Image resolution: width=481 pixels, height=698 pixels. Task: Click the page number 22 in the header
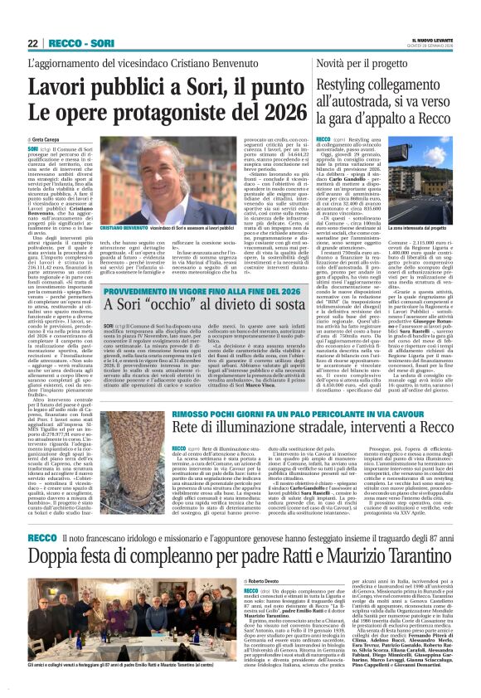tap(32, 43)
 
